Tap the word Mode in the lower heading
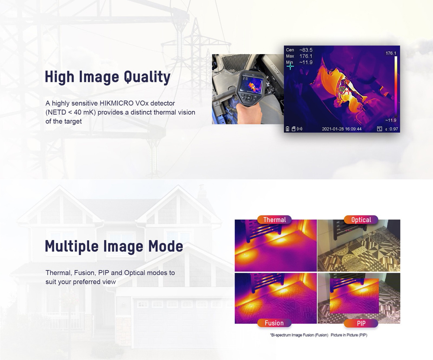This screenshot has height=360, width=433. [166, 246]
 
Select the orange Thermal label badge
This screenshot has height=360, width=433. [275, 220]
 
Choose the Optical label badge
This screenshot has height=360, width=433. [361, 220]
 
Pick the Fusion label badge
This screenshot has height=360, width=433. [274, 323]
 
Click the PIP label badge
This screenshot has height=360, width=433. [361, 323]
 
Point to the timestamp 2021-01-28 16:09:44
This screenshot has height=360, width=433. [342, 129]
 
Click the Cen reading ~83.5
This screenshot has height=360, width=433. [306, 50]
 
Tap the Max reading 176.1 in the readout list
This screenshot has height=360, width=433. [306, 56]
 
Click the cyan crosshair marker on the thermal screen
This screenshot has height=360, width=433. [290, 66]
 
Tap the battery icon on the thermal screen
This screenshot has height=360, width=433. [287, 129]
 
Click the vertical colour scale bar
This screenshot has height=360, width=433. [395, 86]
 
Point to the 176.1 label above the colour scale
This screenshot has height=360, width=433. [391, 53]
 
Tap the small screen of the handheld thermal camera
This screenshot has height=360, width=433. [250, 86]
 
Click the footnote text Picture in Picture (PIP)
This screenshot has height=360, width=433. [349, 335]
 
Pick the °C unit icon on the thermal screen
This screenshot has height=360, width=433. [379, 129]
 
